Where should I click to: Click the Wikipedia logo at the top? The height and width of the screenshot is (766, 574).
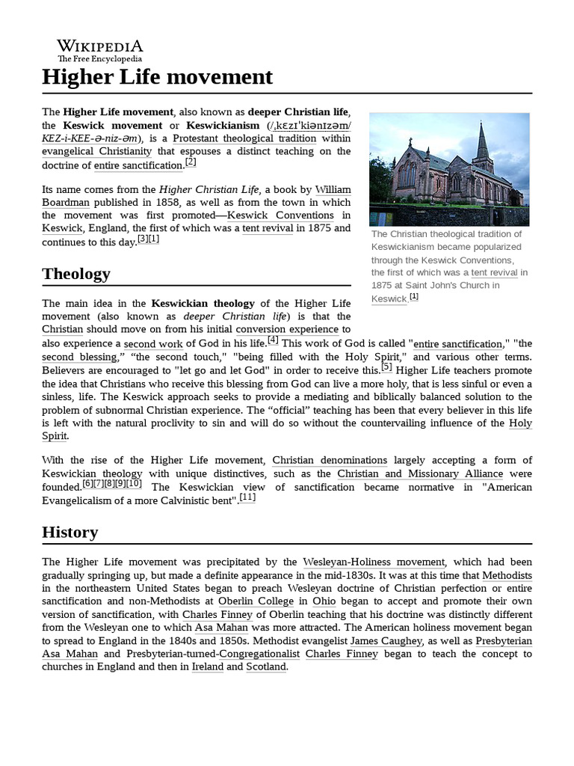(100, 50)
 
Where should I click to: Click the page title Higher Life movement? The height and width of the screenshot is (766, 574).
(157, 77)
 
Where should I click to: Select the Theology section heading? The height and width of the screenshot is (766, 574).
(76, 274)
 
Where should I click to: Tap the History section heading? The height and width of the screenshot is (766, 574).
(70, 533)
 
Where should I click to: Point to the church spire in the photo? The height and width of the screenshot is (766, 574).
(482, 138)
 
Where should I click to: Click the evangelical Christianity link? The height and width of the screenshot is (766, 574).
(96, 152)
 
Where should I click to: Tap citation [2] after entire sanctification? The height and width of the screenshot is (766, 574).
(191, 162)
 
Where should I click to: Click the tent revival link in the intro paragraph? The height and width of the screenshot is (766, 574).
(268, 228)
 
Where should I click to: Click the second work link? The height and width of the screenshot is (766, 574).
(153, 343)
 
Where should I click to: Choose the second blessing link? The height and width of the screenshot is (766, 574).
(79, 357)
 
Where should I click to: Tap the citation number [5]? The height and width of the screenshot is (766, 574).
(386, 367)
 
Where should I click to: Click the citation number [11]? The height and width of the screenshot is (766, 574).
(248, 497)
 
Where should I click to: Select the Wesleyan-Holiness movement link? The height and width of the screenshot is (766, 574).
(374, 562)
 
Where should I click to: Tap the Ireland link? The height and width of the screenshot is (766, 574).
(207, 667)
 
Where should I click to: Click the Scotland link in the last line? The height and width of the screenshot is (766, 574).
(266, 667)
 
